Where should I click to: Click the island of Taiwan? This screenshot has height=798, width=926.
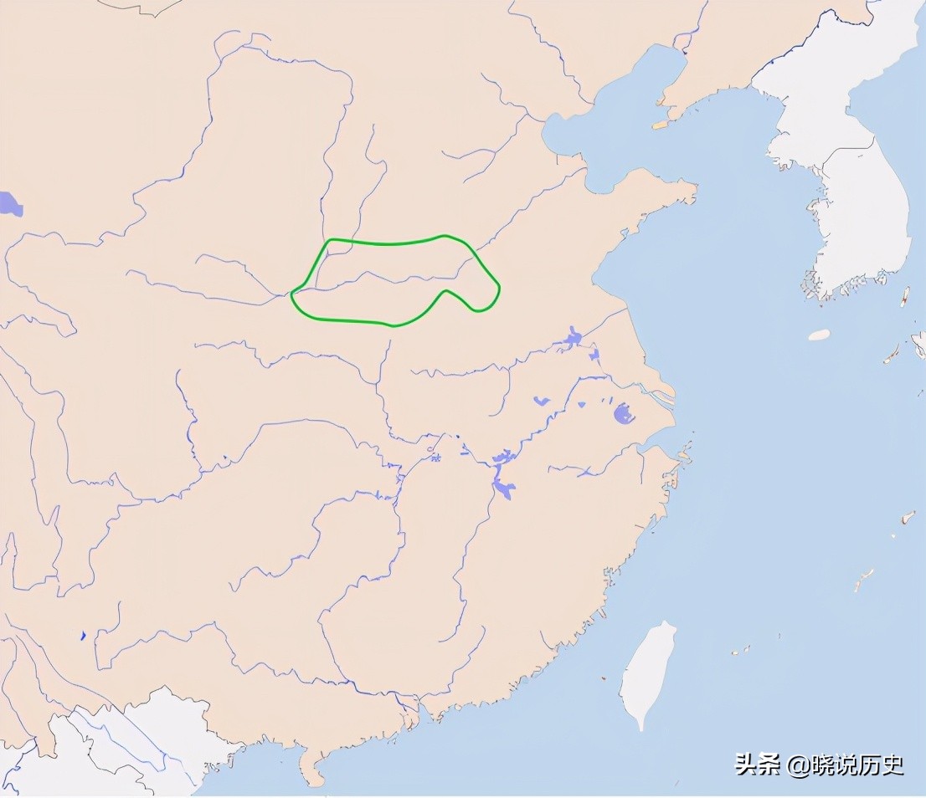pyautogui.click(x=647, y=673)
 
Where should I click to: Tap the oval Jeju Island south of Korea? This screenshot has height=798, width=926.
pyautogui.click(x=819, y=335)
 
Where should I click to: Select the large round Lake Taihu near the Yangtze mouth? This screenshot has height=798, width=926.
pyautogui.click(x=623, y=413)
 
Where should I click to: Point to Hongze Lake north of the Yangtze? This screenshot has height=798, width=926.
pyautogui.click(x=574, y=338)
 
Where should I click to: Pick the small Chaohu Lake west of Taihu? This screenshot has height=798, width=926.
pyautogui.click(x=542, y=402)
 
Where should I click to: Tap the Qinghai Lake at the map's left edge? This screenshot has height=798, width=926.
pyautogui.click(x=9, y=203)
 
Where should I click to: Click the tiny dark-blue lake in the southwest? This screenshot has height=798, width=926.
pyautogui.click(x=83, y=636)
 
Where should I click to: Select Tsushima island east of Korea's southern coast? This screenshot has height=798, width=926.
pyautogui.click(x=905, y=295)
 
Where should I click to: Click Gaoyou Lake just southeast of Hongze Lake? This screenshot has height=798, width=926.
pyautogui.click(x=594, y=356)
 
